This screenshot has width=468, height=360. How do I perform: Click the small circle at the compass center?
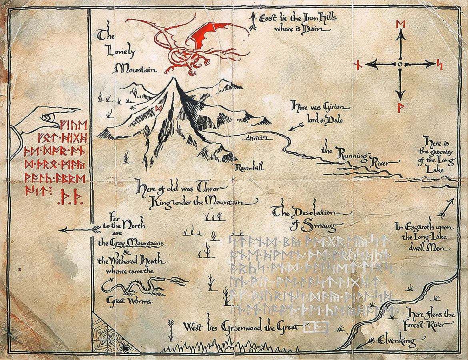tap(400, 64)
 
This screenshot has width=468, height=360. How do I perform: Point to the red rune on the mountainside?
tap(158, 108)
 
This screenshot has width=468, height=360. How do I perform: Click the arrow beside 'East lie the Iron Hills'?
tap(252, 21)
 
